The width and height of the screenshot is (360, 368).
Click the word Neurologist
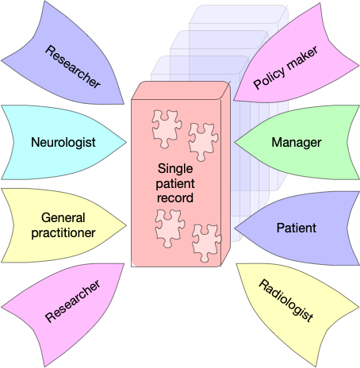click(x=63, y=142)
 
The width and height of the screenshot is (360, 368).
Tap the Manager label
click(x=297, y=143)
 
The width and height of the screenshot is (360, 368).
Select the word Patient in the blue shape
click(x=297, y=228)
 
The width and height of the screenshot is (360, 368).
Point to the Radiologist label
click(x=286, y=301)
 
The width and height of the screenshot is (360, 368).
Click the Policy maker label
click(x=285, y=68)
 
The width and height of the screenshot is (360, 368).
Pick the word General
click(x=63, y=218)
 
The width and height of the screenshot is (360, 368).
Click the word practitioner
click(x=63, y=233)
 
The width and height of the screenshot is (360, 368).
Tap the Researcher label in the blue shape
click(x=72, y=67)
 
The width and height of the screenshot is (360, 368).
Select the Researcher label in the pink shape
click(x=72, y=301)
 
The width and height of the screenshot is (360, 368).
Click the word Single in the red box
click(x=175, y=169)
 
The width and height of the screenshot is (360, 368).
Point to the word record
click(x=175, y=198)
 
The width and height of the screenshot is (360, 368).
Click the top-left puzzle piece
click(x=167, y=128)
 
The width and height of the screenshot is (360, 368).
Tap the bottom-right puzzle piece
click(x=206, y=243)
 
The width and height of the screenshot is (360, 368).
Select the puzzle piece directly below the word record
click(x=170, y=228)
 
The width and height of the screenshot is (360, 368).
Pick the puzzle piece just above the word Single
click(x=203, y=142)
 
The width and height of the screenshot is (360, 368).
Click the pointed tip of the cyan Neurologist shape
click(x=126, y=142)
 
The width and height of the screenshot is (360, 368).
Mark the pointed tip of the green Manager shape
click(x=235, y=143)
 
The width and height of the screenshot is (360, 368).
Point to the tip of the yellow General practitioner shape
click(x=126, y=225)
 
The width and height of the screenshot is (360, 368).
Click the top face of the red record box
click(x=181, y=90)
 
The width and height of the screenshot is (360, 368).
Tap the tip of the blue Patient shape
click(x=235, y=228)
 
